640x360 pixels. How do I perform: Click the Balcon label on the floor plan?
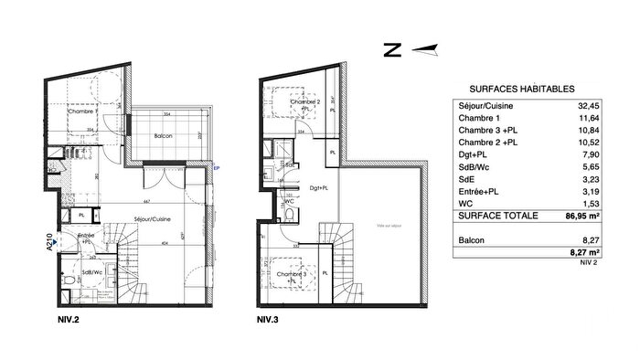click(x=165, y=136)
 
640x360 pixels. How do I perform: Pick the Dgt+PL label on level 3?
click(x=320, y=188)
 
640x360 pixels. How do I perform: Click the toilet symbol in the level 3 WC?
click(x=290, y=215)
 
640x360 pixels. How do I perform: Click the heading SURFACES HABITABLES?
click(x=521, y=90)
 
